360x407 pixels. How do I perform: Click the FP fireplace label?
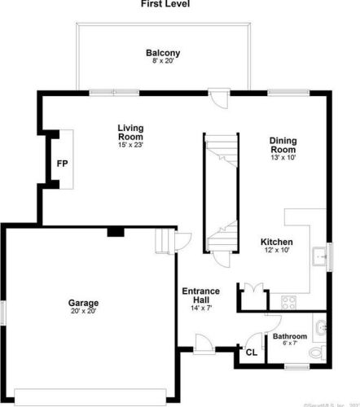(62, 164)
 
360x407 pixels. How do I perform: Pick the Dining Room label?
(283, 145)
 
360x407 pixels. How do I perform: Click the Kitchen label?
(277, 242)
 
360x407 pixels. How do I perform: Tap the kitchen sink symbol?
(318, 256)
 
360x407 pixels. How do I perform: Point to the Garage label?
(83, 303)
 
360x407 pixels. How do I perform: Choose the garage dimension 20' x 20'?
(83, 311)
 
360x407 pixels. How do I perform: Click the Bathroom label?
(289, 336)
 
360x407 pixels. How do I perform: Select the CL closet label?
(251, 352)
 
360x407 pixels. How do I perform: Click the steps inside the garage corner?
(165, 243)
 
